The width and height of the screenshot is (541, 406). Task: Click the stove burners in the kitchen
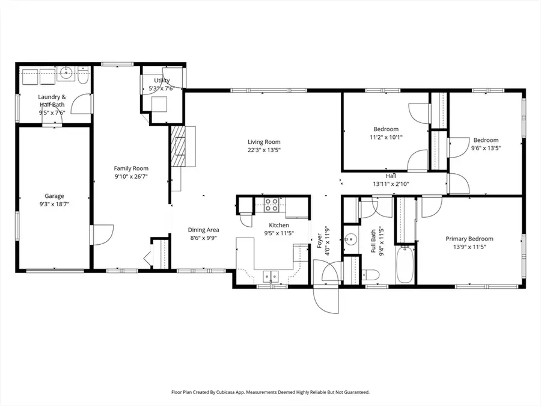pos(272,206)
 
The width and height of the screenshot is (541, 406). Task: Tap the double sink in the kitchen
pos(271,276)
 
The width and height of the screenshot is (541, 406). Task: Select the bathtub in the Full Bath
pos(405,265)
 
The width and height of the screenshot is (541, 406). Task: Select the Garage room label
pos(54,196)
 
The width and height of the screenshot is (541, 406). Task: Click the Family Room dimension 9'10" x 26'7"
pos(131,177)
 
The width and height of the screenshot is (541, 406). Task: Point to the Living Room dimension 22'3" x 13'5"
pos(264,150)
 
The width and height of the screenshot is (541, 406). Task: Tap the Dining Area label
pos(204,230)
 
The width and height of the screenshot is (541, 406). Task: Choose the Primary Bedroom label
pos(469,239)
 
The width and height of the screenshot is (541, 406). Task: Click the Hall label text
pos(391,176)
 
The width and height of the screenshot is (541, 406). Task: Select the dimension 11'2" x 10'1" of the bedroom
pos(385,137)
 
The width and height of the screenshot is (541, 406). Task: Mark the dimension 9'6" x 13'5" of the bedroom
pos(485,148)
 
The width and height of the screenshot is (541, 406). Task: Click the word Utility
pos(162,81)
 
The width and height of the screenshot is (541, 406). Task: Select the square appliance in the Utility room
pos(159,104)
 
